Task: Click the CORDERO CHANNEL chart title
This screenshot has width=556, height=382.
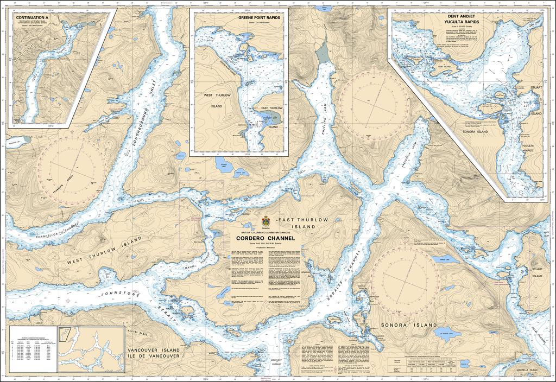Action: click(266, 238)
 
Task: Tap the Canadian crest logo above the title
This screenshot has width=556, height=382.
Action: click(266, 221)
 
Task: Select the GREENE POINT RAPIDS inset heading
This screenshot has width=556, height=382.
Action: click(259, 18)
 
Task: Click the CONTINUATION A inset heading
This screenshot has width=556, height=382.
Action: click(33, 18)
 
